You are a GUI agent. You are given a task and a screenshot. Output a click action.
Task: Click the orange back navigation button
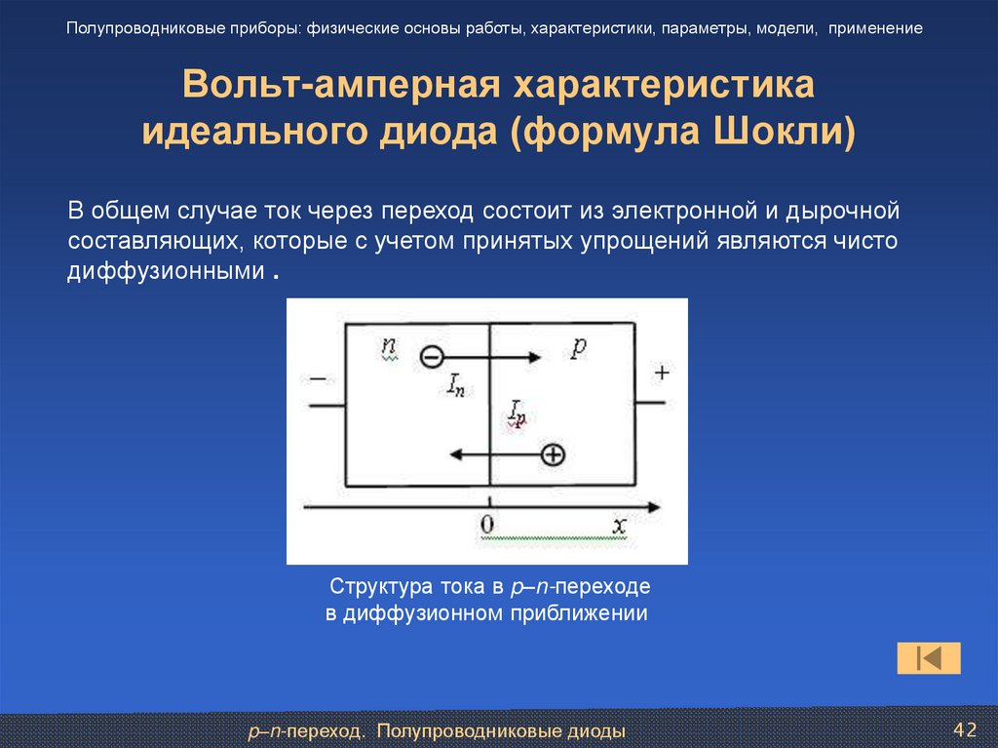pos(929,658)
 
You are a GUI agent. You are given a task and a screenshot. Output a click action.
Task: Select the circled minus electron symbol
pos(431,357)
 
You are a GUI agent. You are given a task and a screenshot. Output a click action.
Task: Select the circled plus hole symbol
pos(554,454)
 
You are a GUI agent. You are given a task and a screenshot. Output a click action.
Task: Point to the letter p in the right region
pos(577,349)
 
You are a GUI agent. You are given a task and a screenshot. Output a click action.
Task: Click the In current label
pos(454,384)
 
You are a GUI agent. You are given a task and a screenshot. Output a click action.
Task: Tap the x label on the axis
pos(619,525)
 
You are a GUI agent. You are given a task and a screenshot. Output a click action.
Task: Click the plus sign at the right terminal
pos(663,373)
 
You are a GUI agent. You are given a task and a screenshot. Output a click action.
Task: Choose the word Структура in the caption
pos(379,588)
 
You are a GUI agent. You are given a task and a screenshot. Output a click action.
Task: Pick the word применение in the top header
pos(876,28)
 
